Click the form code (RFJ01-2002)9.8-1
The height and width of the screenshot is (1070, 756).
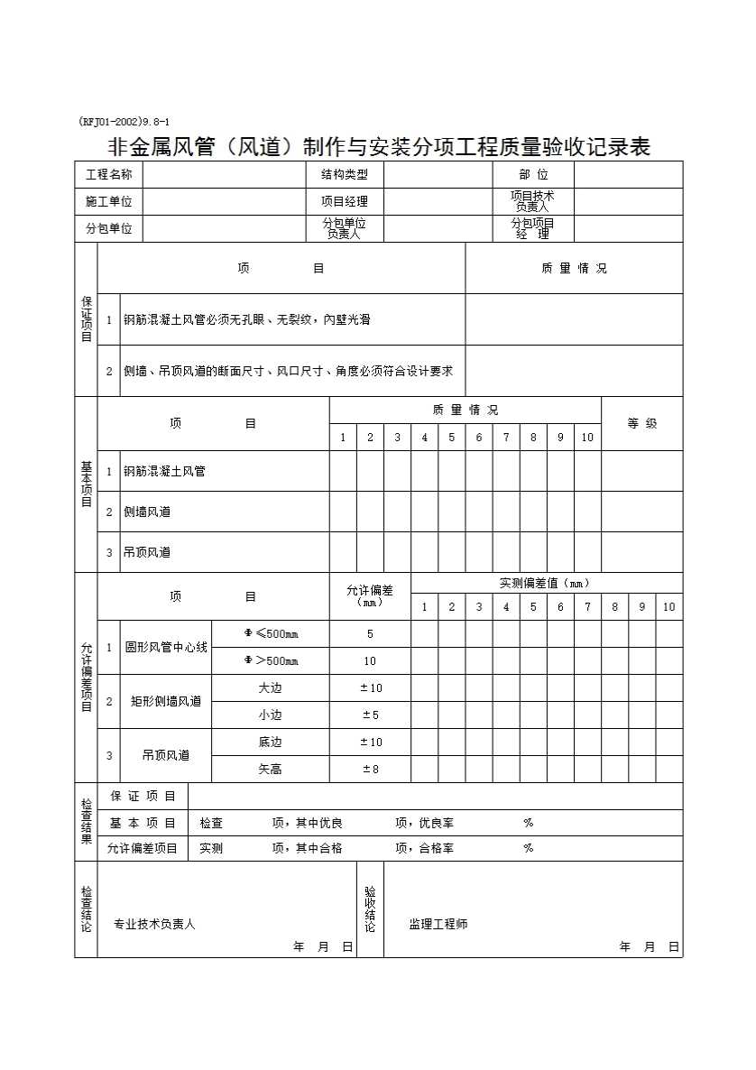[x=124, y=122]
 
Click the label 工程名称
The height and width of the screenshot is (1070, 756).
[x=108, y=175]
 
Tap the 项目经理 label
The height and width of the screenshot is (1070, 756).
[x=345, y=202]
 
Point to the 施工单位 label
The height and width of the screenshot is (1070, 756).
[x=108, y=202]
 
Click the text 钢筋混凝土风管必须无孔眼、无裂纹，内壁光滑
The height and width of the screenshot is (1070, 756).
[x=246, y=319]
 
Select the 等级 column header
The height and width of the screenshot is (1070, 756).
[x=641, y=423]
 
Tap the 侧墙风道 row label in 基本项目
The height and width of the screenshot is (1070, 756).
[x=147, y=512]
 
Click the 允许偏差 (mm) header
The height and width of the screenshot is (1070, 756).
[x=370, y=595]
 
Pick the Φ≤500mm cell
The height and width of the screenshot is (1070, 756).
[x=271, y=634]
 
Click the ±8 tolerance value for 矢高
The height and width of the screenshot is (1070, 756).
[x=370, y=770]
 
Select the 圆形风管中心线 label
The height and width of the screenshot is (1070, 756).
[x=166, y=647]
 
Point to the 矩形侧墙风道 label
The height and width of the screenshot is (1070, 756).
[x=166, y=701]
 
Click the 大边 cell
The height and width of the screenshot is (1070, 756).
[x=271, y=688]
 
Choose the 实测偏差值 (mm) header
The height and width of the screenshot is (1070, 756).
[x=546, y=583]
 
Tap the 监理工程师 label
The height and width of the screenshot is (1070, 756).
[x=438, y=924]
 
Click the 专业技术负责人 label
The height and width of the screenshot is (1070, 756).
[x=154, y=924]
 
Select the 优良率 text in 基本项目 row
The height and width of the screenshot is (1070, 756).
[x=436, y=823]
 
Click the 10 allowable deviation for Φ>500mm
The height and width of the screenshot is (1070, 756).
[x=370, y=661]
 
